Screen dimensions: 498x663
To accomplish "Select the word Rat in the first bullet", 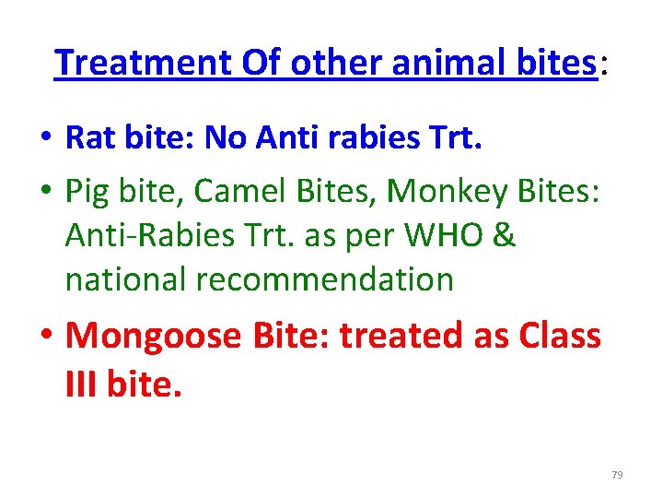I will click(x=88, y=138).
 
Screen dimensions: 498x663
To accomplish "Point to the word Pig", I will click(x=88, y=190).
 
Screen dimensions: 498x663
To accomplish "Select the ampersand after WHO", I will click(x=505, y=234).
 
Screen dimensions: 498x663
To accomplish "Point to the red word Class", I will click(x=552, y=336).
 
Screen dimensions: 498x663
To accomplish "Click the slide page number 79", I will click(x=617, y=475).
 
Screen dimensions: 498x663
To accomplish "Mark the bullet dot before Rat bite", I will click(x=44, y=140).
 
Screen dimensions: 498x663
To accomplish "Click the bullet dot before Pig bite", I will click(x=44, y=192).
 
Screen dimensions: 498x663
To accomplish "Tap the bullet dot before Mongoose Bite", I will click(x=44, y=338).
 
